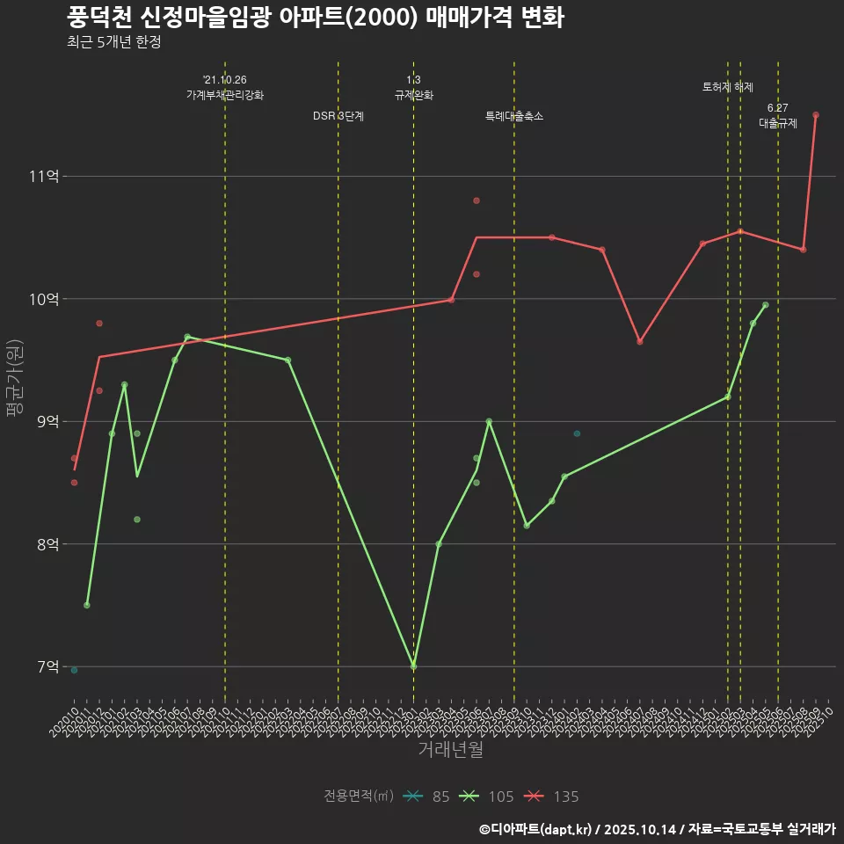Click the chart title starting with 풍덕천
(315, 18)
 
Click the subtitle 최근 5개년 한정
(113, 42)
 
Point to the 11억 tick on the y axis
(44, 177)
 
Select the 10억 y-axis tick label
(44, 299)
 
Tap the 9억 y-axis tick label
(47, 422)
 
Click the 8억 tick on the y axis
(47, 544)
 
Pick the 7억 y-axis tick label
(47, 667)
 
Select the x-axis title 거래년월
(450, 750)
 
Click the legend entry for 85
(428, 797)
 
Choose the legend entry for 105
(488, 797)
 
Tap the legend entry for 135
(553, 797)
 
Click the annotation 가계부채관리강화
(225, 95)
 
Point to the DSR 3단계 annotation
(338, 116)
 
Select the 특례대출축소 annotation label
(514, 116)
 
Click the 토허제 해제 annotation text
(728, 87)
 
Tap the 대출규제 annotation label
(778, 124)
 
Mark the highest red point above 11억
(816, 115)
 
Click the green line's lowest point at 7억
(413, 666)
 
